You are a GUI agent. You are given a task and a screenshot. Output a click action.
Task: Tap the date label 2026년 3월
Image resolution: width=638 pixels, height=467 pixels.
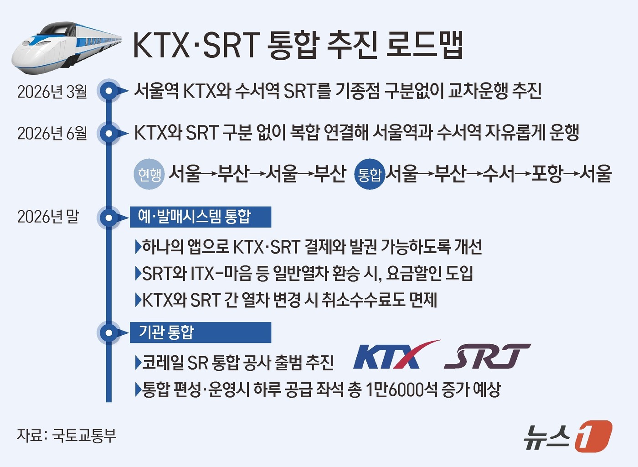pos(52,92)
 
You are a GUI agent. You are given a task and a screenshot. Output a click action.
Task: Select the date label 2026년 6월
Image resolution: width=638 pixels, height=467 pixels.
pos(52,133)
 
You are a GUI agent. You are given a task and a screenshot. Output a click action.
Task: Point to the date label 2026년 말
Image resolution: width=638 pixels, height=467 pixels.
pos(48,217)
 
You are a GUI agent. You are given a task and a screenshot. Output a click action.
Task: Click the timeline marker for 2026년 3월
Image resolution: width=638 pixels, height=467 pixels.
pos(108,91)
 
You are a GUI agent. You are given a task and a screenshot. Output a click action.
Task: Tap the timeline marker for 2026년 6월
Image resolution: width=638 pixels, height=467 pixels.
pos(108,133)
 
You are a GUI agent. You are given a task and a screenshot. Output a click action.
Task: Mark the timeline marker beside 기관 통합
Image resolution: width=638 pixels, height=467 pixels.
pos(108,332)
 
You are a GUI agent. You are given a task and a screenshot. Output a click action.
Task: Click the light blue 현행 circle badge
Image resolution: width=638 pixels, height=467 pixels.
pos(149,174)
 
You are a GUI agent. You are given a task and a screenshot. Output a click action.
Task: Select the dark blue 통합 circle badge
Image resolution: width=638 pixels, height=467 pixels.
pos(369,174)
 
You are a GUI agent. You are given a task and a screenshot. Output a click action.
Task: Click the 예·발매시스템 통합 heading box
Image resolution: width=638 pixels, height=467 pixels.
pos(200,217)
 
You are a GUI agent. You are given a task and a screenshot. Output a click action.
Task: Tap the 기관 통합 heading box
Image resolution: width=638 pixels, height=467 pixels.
pos(200,332)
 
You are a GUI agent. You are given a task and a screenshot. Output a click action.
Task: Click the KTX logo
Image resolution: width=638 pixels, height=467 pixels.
pos(394,356)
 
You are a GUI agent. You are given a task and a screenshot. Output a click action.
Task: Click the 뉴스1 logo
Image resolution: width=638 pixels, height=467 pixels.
pos(567,436)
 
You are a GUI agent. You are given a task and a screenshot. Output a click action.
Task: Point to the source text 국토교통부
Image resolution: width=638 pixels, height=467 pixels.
pos(84,435)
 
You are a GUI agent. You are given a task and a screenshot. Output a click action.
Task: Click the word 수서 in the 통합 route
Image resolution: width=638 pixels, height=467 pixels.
pos(499,173)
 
